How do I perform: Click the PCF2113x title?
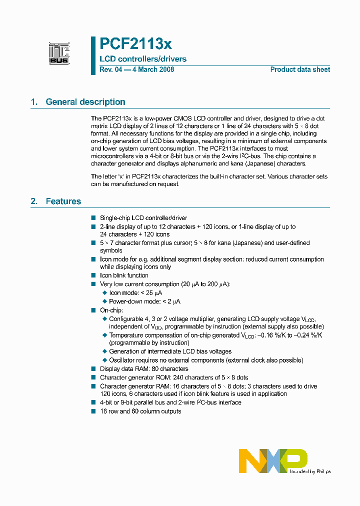click(135, 44)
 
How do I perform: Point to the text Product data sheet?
click(300, 69)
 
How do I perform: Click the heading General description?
click(85, 102)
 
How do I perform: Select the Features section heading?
click(63, 201)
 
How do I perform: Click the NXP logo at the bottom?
click(273, 460)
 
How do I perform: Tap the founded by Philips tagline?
click(310, 471)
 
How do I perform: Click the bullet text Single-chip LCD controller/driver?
click(143, 218)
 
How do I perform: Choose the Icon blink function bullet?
click(124, 275)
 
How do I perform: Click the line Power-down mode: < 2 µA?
click(144, 301)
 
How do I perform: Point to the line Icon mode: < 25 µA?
click(135, 293)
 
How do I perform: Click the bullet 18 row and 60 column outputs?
click(140, 411)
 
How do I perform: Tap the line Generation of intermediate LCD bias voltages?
click(170, 351)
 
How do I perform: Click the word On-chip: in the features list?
click(111, 310)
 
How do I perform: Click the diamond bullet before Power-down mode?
click(104, 301)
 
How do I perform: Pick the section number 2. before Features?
click(34, 201)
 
